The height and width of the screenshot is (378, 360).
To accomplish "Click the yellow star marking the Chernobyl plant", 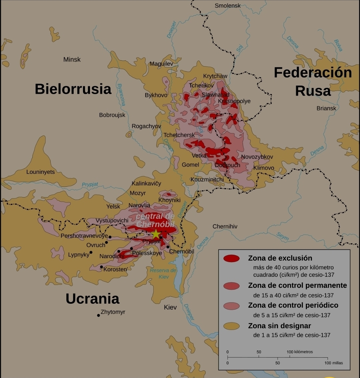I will (x=156, y=234).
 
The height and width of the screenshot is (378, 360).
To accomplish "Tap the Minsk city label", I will (x=72, y=60).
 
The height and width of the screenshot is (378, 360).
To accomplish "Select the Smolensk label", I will (x=228, y=6).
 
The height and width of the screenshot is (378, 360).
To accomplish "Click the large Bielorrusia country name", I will (x=73, y=89).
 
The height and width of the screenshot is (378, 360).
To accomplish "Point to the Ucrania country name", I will (x=92, y=299).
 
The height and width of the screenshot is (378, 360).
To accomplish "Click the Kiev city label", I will (x=170, y=307).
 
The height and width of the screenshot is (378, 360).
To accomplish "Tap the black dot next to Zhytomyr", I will (x=98, y=315).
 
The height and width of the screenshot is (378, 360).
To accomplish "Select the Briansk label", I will (x=326, y=108).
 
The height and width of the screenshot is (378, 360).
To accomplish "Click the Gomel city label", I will (x=190, y=165).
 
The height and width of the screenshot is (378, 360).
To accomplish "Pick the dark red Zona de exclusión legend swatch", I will (x=231, y=258).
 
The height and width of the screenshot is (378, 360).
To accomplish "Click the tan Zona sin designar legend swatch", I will (x=231, y=326).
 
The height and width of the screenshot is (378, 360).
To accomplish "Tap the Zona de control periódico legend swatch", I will (x=231, y=306).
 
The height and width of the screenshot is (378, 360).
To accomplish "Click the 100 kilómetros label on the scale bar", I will (x=300, y=352).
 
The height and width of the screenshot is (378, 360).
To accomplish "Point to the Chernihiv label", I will (x=225, y=226).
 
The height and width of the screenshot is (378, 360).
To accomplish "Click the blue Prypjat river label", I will (x=90, y=185).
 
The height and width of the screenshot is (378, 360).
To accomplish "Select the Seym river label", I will (x=283, y=236).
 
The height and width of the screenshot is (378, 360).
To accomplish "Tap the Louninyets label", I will (x=40, y=172).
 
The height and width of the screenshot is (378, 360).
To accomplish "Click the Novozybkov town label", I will (x=257, y=157).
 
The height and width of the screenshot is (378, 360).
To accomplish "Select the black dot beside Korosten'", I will (x=101, y=267).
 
